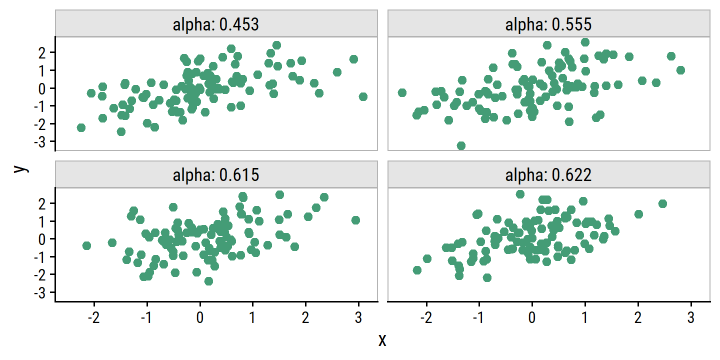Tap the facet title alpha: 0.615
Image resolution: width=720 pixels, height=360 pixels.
(216, 175)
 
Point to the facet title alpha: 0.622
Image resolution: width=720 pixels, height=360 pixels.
(548, 175)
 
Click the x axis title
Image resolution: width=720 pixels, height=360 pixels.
(382, 340)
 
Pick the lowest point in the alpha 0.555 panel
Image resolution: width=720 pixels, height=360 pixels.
(461, 145)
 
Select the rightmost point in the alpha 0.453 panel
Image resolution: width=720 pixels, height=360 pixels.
(363, 96)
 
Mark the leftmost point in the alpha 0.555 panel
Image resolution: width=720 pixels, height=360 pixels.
(401, 92)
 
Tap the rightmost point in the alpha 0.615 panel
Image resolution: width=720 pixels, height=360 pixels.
(355, 220)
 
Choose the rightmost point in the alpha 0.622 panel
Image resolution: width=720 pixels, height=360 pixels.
(662, 203)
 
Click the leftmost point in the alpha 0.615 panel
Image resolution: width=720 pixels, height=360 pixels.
(86, 245)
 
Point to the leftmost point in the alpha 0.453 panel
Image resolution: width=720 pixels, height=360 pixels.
(81, 127)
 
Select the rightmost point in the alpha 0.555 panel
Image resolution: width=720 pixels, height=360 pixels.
(680, 70)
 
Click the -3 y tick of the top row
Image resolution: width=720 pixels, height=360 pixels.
(45, 141)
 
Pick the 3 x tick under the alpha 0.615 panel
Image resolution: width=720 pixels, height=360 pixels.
(358, 318)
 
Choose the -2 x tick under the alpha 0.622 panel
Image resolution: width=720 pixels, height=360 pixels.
(426, 318)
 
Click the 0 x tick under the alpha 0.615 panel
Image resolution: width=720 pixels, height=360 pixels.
(200, 318)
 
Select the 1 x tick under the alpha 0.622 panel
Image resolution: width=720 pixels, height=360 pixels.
(585, 318)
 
